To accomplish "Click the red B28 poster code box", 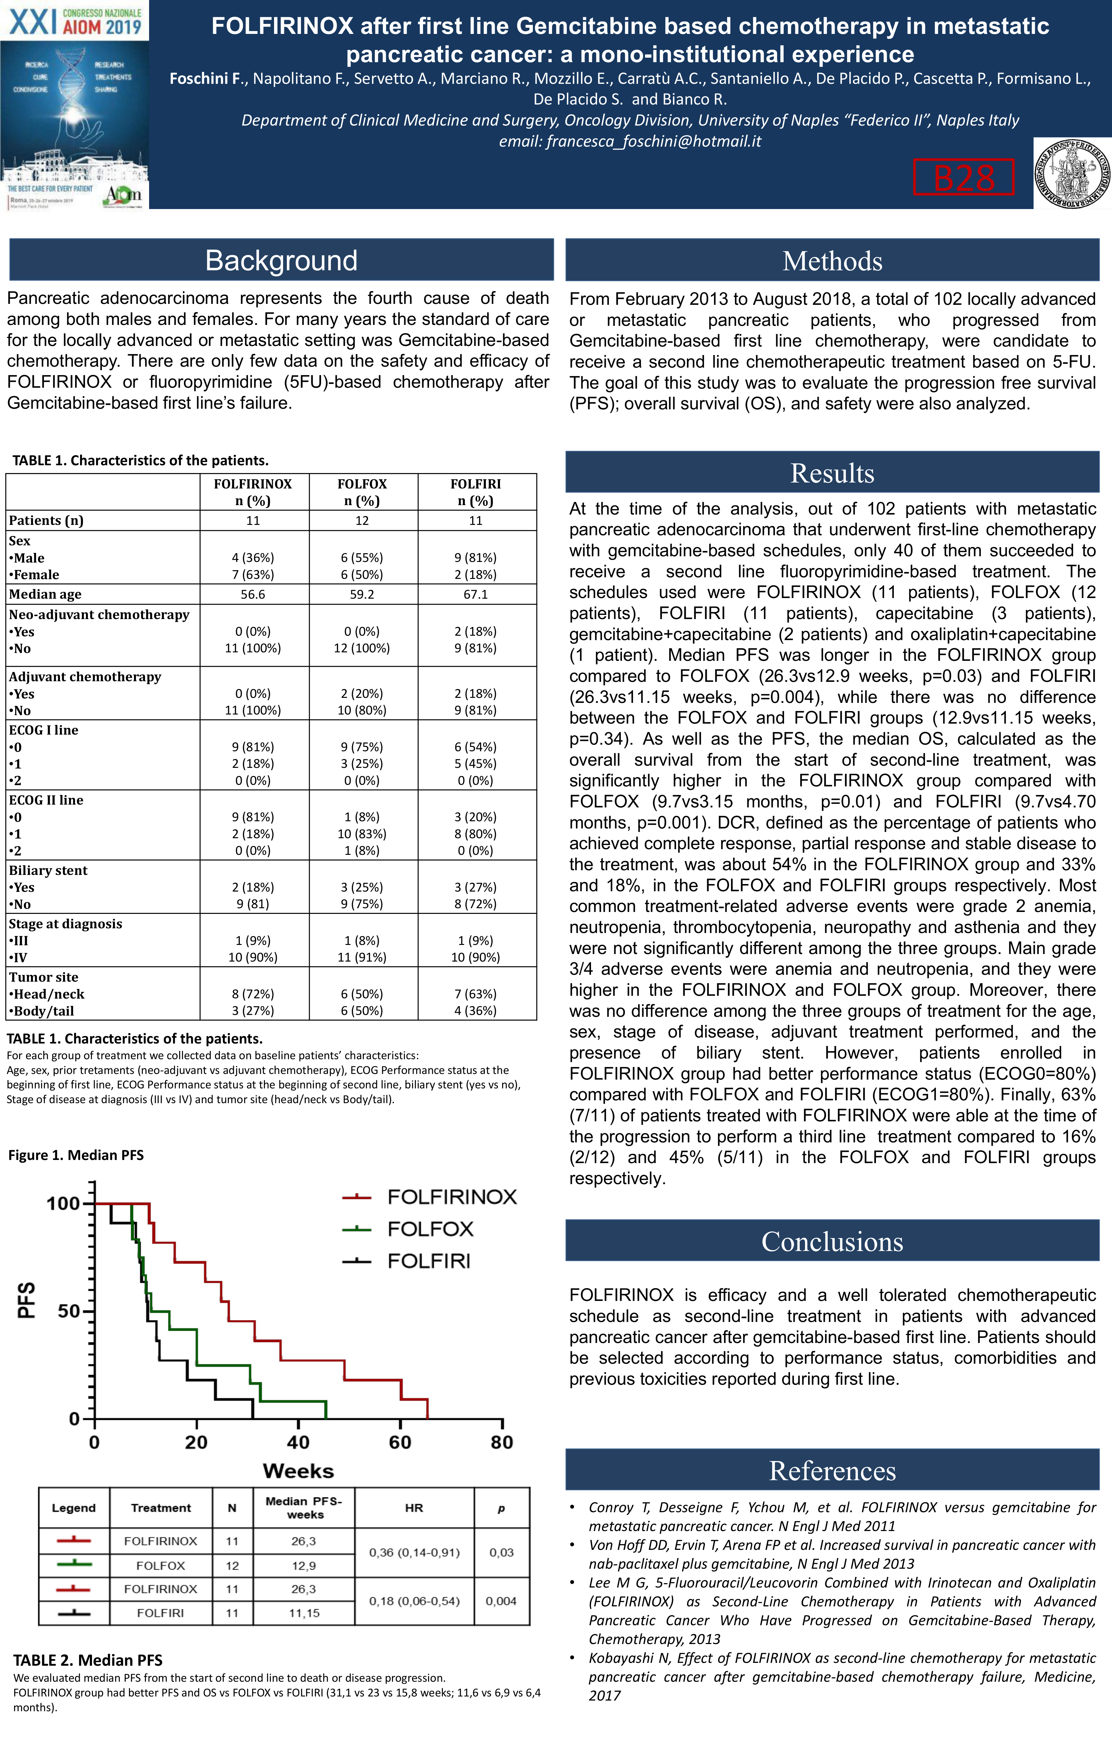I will [x=963, y=177].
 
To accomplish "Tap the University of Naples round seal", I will [x=1072, y=174].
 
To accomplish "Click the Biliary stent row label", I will [x=48, y=870].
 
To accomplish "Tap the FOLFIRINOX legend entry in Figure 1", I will [x=451, y=1197].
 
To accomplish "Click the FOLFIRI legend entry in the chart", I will [x=429, y=1261].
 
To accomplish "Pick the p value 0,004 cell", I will [x=501, y=1601].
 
